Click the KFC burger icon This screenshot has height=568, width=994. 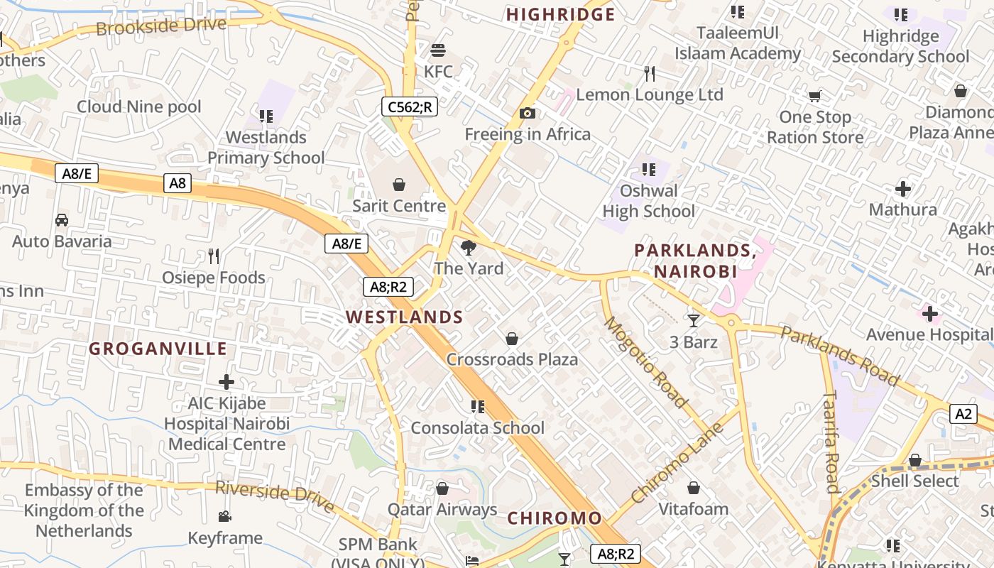tap(438, 50)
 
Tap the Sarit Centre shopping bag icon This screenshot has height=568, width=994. tap(399, 185)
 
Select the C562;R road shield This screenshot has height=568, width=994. tap(409, 106)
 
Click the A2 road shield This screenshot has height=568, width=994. tap(963, 414)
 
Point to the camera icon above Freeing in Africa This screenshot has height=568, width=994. tap(527, 113)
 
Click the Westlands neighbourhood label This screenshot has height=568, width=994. tap(405, 317)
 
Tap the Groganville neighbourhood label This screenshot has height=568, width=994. tap(158, 349)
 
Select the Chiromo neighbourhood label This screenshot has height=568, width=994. tap(555, 518)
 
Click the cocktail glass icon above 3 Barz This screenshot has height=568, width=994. tap(693, 320)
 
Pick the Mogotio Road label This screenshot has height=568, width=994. tap(645, 363)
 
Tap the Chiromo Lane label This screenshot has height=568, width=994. tap(677, 463)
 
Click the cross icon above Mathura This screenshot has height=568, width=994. tap(903, 189)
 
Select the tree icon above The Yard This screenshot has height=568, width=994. tap(468, 248)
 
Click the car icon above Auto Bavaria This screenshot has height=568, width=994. tap(62, 220)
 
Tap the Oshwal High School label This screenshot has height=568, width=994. tap(648, 201)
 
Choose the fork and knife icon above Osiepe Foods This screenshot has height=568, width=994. tap(214, 256)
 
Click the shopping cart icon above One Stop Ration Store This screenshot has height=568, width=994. tap(814, 96)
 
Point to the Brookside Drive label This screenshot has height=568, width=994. tap(161, 26)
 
